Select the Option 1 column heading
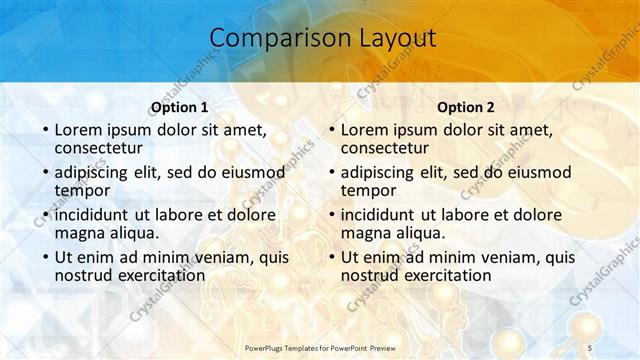point(179,107)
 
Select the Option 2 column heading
point(465,107)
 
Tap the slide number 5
point(590,346)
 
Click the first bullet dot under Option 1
point(45,131)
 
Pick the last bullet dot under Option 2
point(331,257)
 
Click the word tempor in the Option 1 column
point(83,190)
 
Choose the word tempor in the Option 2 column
point(369,190)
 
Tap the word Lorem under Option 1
point(78,130)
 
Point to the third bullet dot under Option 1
point(45,215)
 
